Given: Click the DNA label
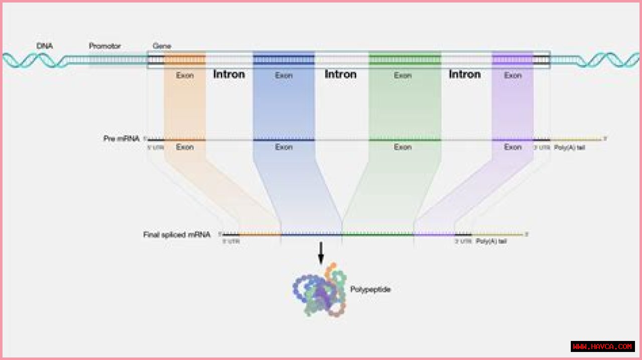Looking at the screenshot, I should [x=45, y=46].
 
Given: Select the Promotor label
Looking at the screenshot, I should [x=105, y=46].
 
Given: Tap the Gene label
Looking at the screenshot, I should [x=162, y=46].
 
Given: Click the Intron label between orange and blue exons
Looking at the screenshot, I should [x=229, y=74].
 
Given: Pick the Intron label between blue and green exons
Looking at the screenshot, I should [x=341, y=74].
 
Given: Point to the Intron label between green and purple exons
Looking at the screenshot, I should [x=464, y=74].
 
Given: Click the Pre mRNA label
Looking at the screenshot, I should [x=121, y=138].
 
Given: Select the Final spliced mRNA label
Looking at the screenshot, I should [x=177, y=234].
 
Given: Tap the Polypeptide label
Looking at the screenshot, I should [x=370, y=289].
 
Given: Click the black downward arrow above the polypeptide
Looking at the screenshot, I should [x=321, y=253].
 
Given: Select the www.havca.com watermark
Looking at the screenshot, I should [x=602, y=346].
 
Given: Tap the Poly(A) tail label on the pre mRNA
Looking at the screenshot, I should [x=569, y=147].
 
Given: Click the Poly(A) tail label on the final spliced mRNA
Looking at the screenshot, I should [x=491, y=241].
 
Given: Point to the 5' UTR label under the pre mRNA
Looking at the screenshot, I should [x=155, y=147].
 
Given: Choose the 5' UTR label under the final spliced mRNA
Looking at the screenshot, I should [x=231, y=241].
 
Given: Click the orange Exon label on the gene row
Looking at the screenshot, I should [x=185, y=75].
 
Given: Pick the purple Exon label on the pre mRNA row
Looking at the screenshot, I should [x=513, y=147].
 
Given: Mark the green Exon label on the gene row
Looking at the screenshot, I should [x=402, y=75].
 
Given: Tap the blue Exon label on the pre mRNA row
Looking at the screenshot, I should [x=283, y=147].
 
